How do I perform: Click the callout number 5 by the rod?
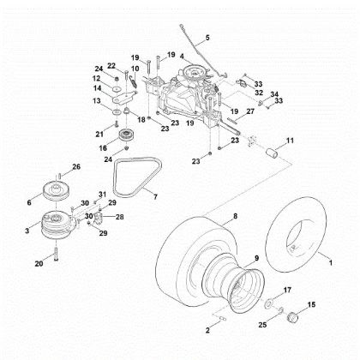(207, 39)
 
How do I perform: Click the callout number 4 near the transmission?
(181, 56)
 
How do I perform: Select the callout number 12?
(97, 78)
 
